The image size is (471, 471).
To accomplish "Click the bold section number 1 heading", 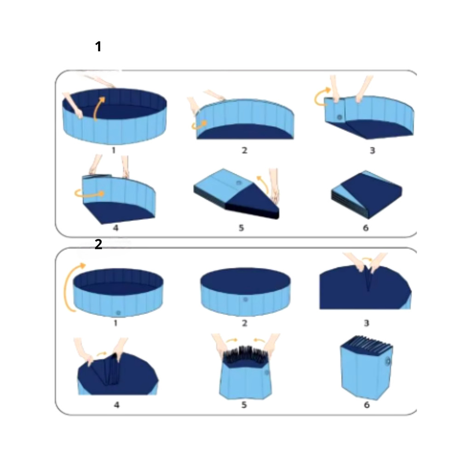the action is point(98,47).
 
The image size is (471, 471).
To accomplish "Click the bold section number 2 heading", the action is point(98,245).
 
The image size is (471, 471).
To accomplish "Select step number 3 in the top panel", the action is point(373,150).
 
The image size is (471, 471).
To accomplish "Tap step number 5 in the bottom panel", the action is point(244,405).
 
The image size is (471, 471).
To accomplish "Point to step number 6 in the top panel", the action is point(366,228).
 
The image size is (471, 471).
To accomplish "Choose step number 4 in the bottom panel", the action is point(116,405).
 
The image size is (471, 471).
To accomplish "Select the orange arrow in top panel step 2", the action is point(198,126).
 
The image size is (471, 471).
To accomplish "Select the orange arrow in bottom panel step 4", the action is point(102,354).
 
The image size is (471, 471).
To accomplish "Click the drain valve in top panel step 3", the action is point(339,117).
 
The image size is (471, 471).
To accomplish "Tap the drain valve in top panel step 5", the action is point(239,183).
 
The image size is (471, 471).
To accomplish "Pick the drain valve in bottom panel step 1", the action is point(118,313).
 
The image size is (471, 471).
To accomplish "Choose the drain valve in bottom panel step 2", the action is point(246,299).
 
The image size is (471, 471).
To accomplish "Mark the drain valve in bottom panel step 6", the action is point(388,361).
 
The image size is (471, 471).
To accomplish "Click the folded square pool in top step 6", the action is point(367,194).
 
